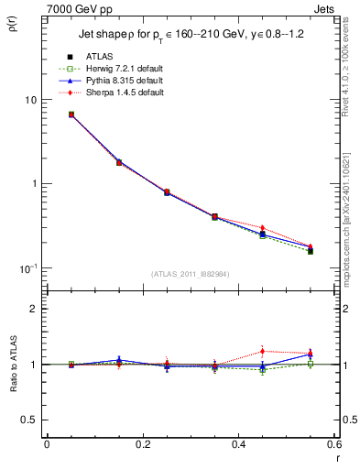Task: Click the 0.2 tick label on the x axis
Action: pos(142,445)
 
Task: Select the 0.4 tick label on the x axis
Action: pos(238,445)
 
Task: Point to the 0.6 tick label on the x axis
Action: pos(333,445)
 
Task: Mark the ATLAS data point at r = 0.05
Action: pos(71,115)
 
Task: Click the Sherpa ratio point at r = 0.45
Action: pos(262,351)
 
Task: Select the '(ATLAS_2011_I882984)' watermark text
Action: pos(191,275)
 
